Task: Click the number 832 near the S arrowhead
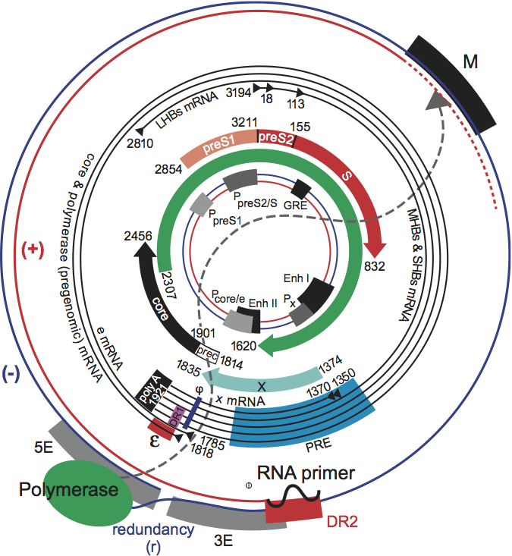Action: [375, 265]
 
